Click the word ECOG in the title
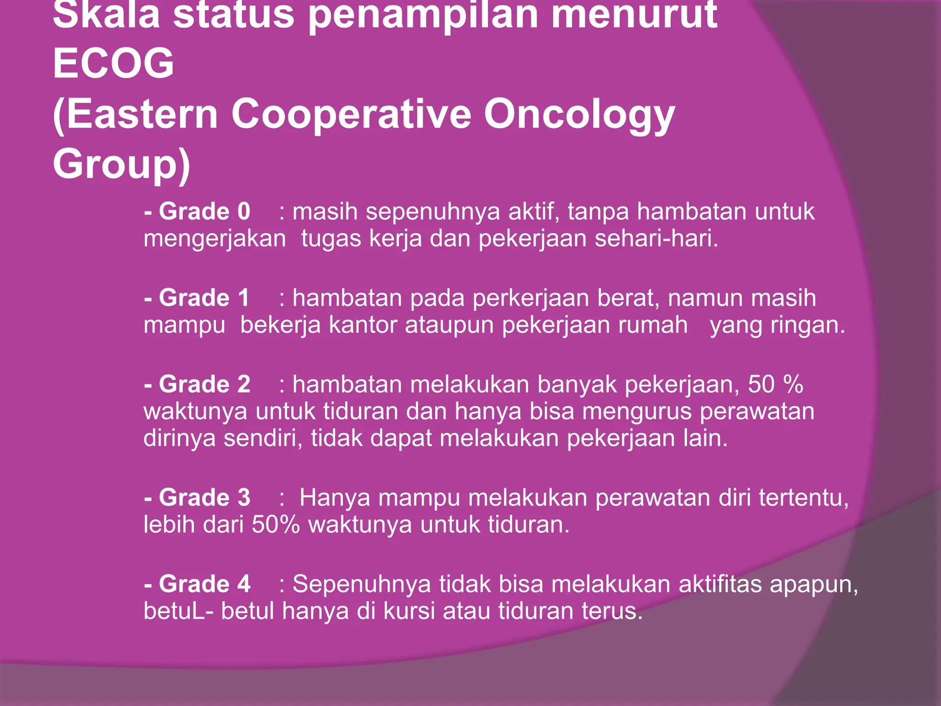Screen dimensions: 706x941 pos(113,63)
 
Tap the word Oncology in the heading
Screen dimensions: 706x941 pos(579,115)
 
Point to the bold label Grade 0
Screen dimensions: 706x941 pos(204,211)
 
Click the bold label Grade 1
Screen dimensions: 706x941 pos(204,298)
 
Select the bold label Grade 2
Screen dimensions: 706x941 pos(204,384)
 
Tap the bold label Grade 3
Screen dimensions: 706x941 pos(204,498)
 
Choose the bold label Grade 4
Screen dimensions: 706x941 pos(204,584)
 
